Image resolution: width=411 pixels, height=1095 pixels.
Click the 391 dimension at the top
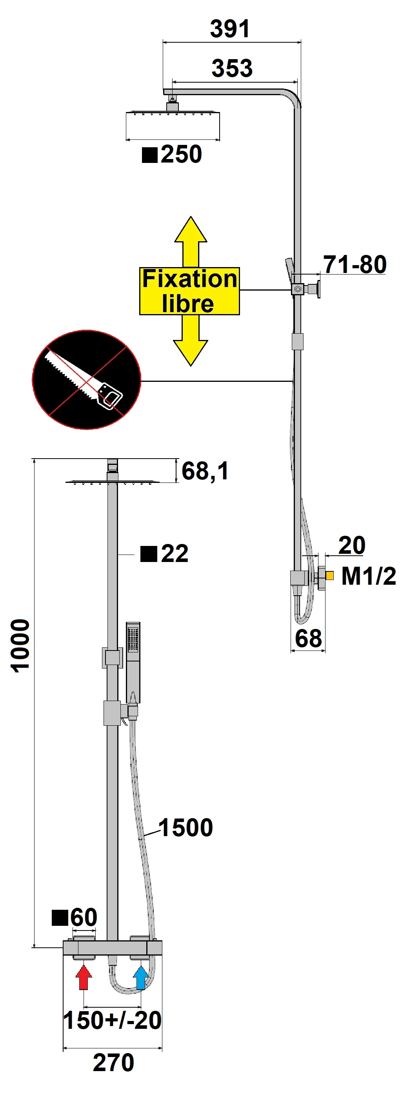[x=230, y=29]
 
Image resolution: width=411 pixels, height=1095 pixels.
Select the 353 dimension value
[x=232, y=69]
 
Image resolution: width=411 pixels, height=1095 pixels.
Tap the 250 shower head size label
[x=180, y=154]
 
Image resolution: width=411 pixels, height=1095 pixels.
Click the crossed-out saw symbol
[x=86, y=379]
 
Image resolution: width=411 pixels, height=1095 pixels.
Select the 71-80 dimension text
[x=355, y=264]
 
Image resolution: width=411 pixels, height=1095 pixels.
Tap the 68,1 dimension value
[x=205, y=471]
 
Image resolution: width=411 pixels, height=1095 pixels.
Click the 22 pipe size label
[x=174, y=553]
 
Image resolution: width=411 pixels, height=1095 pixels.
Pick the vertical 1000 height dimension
[x=20, y=646]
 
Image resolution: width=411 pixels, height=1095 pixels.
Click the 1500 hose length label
[x=185, y=828]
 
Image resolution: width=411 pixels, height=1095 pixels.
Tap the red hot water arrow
[x=84, y=977]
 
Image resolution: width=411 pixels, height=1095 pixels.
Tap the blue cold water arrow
[x=141, y=977]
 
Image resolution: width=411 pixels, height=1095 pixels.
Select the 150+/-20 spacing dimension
[x=112, y=1020]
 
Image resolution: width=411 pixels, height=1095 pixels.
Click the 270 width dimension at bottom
[x=113, y=1063]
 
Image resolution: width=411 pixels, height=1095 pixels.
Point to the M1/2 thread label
[x=369, y=576]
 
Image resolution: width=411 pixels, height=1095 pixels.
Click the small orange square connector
[x=329, y=576]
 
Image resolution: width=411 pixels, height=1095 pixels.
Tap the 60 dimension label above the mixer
[x=84, y=917]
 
